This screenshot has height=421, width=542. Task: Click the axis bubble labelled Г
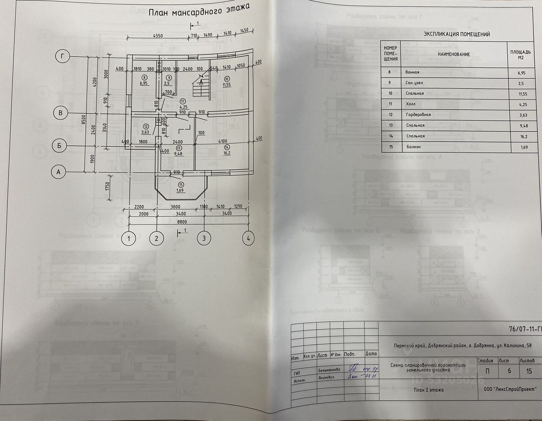(x=63, y=56)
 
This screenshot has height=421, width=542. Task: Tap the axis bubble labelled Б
(x=60, y=145)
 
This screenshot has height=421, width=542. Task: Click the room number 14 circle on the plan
(x=226, y=147)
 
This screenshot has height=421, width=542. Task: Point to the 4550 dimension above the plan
(x=158, y=36)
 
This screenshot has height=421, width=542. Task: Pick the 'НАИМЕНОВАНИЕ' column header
(x=454, y=55)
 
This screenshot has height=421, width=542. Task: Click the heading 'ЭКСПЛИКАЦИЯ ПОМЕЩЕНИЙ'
(x=457, y=34)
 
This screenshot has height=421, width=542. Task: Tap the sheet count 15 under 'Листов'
(x=529, y=371)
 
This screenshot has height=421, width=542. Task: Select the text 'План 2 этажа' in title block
(x=429, y=390)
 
